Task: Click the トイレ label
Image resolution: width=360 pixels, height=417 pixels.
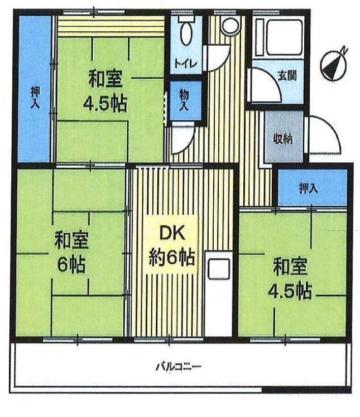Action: [186, 64]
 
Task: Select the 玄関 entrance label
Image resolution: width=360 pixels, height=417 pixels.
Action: [287, 76]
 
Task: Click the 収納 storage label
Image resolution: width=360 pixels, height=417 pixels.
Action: [283, 139]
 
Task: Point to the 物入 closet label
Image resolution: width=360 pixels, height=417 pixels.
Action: [184, 100]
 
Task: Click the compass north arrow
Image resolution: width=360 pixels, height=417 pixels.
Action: [334, 65]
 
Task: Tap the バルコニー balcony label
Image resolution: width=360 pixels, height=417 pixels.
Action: [178, 367]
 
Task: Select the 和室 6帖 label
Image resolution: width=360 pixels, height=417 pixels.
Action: [71, 252]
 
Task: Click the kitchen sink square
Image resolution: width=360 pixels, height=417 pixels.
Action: [219, 269]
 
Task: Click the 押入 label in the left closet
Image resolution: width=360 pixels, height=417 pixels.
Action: [35, 98]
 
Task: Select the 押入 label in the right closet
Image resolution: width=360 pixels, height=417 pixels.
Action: [308, 188]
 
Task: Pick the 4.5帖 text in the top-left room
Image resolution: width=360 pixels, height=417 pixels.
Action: [105, 104]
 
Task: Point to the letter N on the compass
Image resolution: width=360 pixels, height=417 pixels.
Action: [344, 50]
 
